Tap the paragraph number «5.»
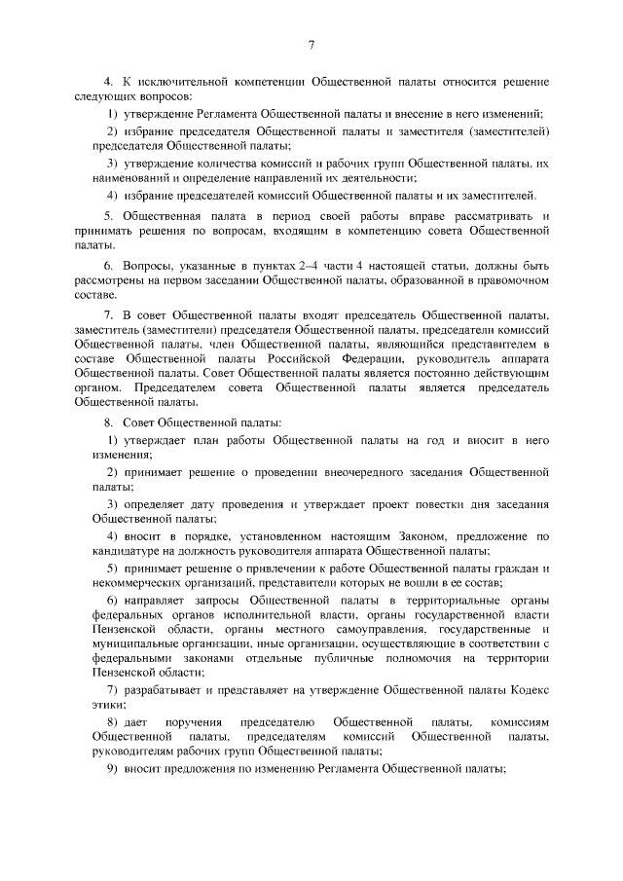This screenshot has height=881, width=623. point(109,214)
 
